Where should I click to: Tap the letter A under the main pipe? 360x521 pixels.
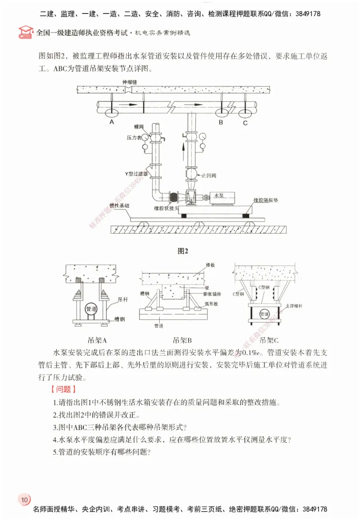(111, 122)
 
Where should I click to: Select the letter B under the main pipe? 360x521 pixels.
(221, 122)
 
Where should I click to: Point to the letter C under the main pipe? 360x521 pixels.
(245, 122)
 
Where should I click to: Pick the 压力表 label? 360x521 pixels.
(134, 137)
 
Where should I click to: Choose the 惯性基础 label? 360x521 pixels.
(119, 205)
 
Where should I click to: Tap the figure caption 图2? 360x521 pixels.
(183, 251)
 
